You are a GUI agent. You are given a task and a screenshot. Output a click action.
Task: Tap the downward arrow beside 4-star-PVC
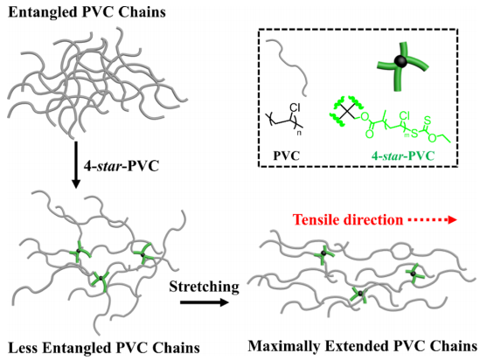(76, 165)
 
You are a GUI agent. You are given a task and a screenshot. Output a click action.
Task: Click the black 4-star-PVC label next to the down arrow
(122, 166)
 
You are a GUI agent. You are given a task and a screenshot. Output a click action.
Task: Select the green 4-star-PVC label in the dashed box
(402, 156)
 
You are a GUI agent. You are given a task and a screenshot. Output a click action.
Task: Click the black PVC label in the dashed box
(287, 156)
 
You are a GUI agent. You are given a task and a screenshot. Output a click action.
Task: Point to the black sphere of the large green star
(400, 61)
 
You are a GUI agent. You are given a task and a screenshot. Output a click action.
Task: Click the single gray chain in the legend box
(287, 67)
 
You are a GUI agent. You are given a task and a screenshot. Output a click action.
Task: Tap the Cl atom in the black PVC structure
(295, 107)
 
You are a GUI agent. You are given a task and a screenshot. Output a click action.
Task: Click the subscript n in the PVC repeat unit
(299, 134)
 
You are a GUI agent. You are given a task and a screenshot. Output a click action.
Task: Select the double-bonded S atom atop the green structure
(428, 120)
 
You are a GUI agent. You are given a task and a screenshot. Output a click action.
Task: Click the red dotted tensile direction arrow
(432, 220)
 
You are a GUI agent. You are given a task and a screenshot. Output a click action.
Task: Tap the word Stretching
(205, 286)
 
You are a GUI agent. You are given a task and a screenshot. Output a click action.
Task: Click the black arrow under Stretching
(205, 302)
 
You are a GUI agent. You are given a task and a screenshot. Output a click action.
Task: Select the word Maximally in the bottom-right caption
(283, 346)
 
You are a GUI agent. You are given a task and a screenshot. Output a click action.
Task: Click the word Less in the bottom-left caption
(23, 348)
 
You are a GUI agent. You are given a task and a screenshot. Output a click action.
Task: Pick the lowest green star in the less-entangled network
(100, 279)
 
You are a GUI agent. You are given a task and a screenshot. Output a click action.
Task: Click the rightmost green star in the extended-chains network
(414, 273)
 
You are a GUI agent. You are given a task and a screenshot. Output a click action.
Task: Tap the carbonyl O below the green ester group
(369, 134)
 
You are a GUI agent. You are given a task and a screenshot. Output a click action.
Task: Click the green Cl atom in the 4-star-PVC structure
(405, 115)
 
